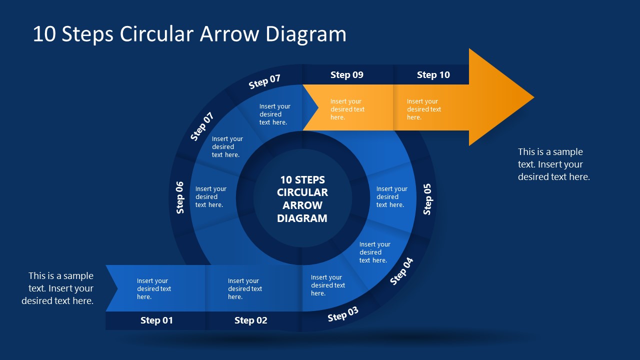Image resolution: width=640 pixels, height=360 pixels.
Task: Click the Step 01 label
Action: point(156,320)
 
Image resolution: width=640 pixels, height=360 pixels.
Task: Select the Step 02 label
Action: point(250,320)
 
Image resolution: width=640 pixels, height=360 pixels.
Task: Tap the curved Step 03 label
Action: point(343,314)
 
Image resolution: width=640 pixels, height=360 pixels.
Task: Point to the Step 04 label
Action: point(401,271)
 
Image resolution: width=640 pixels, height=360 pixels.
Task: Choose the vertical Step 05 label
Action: point(427,199)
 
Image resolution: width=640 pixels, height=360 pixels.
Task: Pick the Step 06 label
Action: point(180,197)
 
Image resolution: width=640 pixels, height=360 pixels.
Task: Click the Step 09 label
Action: point(346,75)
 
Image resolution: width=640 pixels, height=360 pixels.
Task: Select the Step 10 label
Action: point(433,75)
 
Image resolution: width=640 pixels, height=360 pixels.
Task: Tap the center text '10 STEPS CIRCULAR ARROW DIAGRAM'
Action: point(302,199)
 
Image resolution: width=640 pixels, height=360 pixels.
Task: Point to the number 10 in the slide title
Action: point(44,34)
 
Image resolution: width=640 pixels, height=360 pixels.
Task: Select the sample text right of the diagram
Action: point(553,164)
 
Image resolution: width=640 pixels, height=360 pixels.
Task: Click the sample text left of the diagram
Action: point(57,288)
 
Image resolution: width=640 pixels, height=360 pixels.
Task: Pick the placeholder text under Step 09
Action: point(347,109)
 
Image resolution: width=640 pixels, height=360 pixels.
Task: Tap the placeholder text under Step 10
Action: point(424,109)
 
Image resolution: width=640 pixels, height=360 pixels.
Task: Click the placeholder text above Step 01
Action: point(154,289)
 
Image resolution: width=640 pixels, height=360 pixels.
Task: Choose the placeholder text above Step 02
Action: point(245,289)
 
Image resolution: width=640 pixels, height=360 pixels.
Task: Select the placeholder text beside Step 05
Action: point(391,197)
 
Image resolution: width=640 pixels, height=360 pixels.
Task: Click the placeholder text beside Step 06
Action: point(210,197)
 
